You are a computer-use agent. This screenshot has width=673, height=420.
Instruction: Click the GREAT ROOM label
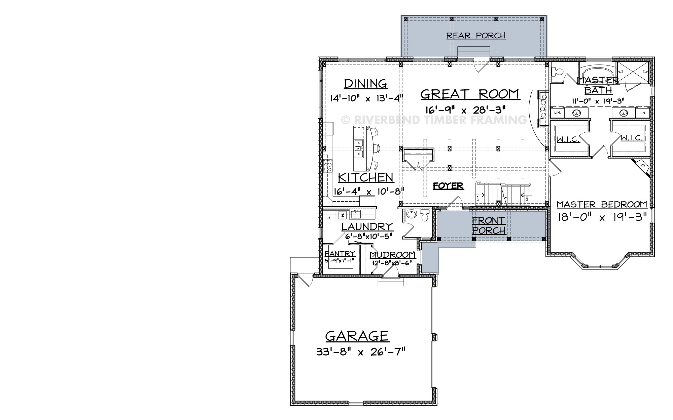470,94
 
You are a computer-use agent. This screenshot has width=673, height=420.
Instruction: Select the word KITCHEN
365,177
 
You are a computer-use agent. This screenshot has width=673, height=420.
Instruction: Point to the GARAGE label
357,336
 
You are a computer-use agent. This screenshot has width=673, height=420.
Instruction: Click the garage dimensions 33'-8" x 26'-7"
361,352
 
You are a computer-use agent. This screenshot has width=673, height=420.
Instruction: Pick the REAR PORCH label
476,36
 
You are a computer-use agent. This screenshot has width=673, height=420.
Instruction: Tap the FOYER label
448,186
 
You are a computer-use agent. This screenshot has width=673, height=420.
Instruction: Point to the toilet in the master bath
558,72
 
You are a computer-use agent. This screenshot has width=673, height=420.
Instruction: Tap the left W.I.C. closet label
568,139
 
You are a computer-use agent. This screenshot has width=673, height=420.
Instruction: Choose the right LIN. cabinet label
642,113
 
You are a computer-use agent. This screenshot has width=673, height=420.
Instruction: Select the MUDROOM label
392,255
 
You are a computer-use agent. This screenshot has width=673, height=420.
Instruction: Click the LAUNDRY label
367,227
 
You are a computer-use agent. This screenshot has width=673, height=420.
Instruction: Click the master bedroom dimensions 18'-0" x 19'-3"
602,217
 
